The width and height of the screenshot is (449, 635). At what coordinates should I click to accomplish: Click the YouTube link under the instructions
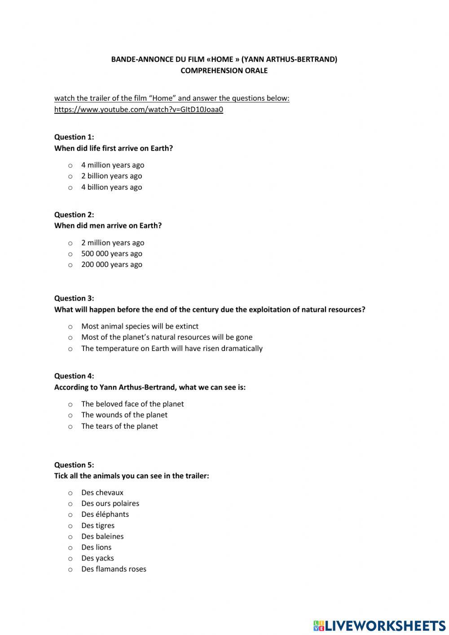[x=138, y=109]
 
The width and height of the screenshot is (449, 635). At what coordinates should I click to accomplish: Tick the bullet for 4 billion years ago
[x=70, y=187]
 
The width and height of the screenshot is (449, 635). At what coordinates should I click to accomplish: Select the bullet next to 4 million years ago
[x=70, y=165]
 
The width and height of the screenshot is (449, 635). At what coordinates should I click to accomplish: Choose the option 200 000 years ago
[x=70, y=265]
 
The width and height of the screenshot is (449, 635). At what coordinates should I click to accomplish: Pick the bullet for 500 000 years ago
[x=70, y=254]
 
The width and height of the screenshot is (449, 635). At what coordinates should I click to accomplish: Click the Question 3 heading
[x=74, y=298]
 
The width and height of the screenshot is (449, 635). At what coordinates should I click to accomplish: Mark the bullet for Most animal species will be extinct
[x=70, y=327]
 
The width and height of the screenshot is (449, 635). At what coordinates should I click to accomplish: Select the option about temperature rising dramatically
[x=70, y=349]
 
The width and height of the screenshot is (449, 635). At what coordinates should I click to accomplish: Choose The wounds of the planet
[x=70, y=415]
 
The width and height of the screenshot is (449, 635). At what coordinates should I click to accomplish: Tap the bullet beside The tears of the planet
[x=70, y=426]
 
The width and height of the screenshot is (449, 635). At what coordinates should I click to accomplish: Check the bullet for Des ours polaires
[x=70, y=504]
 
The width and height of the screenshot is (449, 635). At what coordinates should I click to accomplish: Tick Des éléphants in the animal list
[x=70, y=515]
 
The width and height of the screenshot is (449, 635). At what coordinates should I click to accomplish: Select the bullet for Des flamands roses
[x=70, y=569]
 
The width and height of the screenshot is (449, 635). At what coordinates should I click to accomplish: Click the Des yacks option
[x=70, y=559]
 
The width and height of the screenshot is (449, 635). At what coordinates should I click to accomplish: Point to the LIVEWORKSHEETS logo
[x=379, y=625]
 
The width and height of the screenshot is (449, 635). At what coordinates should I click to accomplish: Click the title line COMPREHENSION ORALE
[x=224, y=71]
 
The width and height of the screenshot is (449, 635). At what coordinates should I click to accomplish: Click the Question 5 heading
[x=74, y=465]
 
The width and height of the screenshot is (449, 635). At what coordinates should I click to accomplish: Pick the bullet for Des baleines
[x=70, y=537]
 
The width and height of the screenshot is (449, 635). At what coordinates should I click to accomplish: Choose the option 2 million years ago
[x=70, y=243]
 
